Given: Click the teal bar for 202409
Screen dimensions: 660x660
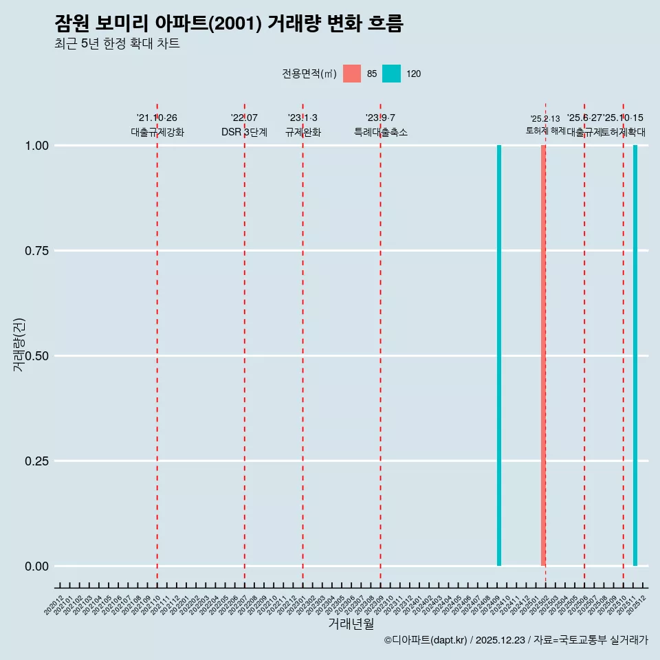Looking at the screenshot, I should (x=499, y=355).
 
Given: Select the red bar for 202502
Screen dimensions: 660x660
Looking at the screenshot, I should (x=543, y=355).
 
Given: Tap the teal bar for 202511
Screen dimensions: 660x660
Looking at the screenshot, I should (x=635, y=355).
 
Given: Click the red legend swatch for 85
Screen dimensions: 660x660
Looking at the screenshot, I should (x=352, y=74).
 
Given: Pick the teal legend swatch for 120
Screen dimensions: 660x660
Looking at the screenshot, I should (x=391, y=74).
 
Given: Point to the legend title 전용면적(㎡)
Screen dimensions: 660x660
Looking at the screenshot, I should (x=309, y=74).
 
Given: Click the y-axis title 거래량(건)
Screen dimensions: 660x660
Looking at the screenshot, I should (x=19, y=344).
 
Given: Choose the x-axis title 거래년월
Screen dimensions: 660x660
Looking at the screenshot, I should (x=351, y=624).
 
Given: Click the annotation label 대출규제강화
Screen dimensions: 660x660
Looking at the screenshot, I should (x=157, y=132).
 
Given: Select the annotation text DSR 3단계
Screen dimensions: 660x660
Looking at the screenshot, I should (x=244, y=132).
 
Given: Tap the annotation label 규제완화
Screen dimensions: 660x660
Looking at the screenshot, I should (x=302, y=132).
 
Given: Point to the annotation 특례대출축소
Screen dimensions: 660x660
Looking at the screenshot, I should (x=380, y=132).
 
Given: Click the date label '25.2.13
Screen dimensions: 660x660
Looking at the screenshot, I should (x=545, y=118).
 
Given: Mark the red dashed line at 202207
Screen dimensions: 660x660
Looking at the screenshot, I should (x=244, y=344).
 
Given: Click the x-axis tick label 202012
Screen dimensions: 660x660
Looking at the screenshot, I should (x=55, y=605).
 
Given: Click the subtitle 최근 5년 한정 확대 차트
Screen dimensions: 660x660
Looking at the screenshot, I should (x=117, y=44).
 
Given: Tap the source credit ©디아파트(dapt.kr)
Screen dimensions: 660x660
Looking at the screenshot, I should (x=426, y=640).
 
